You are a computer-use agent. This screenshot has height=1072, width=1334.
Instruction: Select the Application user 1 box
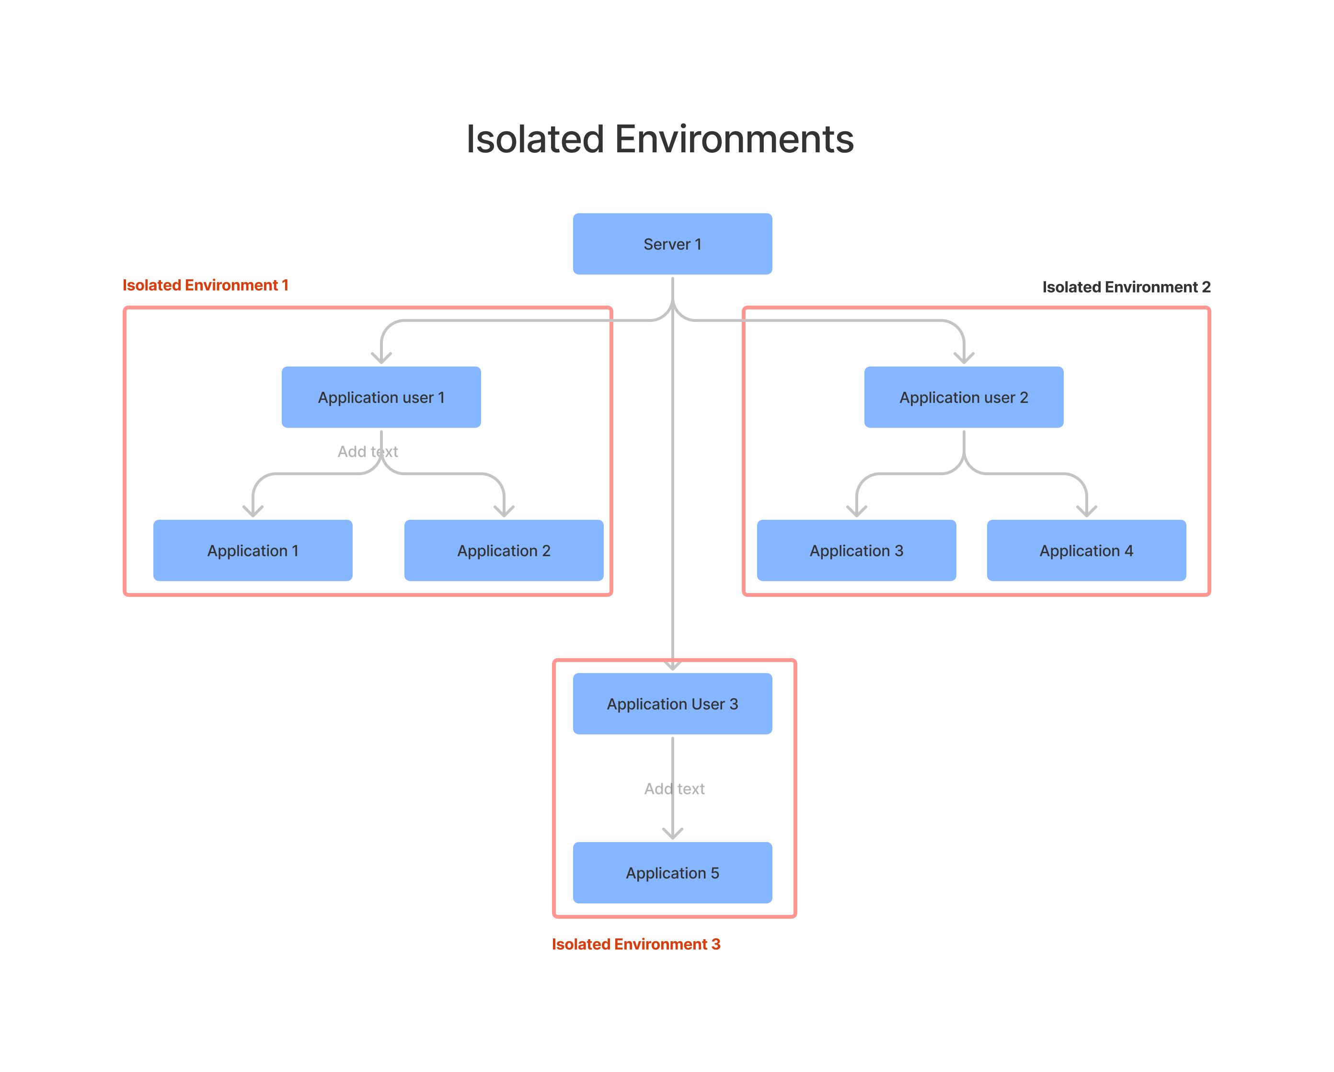click(380, 397)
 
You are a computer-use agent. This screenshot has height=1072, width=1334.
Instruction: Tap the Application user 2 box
click(964, 397)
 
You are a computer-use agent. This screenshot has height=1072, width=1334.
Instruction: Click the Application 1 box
click(253, 550)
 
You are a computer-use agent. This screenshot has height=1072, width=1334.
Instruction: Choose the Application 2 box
click(504, 550)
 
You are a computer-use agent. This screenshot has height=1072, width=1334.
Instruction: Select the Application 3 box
click(856, 550)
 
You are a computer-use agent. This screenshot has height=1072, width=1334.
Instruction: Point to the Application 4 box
click(1086, 550)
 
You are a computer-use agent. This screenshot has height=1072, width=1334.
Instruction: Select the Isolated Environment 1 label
click(206, 285)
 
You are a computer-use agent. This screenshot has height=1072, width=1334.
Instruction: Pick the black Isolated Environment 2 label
click(1126, 287)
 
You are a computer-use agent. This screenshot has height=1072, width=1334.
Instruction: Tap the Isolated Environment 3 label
click(635, 944)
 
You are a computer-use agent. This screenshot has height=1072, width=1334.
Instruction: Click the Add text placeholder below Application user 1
click(368, 452)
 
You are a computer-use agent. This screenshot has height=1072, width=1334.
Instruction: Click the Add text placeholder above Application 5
click(674, 789)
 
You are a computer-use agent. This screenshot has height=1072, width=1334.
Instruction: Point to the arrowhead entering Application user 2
click(964, 359)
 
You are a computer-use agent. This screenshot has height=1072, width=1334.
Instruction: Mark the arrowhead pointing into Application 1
click(253, 512)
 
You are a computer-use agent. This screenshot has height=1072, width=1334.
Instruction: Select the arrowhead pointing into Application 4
click(1086, 512)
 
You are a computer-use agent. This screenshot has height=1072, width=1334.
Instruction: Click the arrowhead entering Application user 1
click(380, 359)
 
